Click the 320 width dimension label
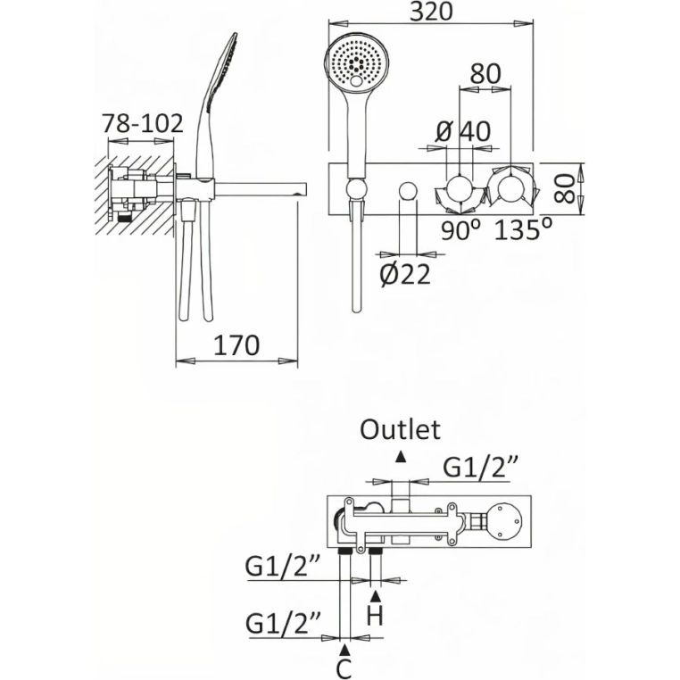point(431,12)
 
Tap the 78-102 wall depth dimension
point(143,124)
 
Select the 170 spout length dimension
point(236,345)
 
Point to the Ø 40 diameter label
point(463,131)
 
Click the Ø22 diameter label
point(405,275)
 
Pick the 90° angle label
point(461,230)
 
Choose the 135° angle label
point(524,229)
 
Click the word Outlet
point(401,430)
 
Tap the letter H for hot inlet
point(375,616)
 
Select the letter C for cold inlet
point(344,668)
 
